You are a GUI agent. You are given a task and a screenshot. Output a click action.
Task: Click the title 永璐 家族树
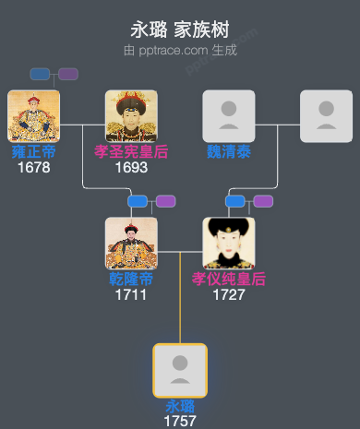(180, 30)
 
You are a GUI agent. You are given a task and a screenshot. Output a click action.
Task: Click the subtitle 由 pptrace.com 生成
(180, 50)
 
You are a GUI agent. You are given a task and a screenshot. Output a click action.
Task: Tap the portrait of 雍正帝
(33, 115)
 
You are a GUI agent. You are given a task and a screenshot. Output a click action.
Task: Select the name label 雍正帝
(33, 151)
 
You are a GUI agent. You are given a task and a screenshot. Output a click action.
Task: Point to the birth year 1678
(33, 167)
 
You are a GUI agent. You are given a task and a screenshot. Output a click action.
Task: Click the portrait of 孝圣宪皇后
(131, 115)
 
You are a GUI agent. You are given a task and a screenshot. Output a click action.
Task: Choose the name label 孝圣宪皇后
(131, 151)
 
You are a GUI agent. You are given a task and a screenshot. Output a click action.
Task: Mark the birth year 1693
(131, 167)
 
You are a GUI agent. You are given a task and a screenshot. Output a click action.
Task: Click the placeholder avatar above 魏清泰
(229, 115)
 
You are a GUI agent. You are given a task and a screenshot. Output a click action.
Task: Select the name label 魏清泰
(229, 151)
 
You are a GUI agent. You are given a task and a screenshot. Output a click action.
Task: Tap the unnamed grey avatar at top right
(326, 115)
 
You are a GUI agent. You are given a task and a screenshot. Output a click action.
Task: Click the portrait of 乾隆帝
(131, 243)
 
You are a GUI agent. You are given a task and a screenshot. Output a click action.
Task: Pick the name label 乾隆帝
(131, 279)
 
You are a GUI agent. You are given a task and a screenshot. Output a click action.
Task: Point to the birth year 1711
(131, 294)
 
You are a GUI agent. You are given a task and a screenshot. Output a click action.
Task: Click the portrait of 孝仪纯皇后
(229, 243)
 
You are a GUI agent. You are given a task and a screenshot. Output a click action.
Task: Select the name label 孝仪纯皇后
(229, 279)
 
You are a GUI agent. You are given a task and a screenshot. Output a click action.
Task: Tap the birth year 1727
(229, 294)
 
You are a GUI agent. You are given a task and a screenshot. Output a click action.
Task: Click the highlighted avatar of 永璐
(180, 370)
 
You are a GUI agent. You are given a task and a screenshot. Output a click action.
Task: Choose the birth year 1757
(180, 421)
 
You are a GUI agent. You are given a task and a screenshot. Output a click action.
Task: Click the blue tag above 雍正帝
(40, 74)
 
